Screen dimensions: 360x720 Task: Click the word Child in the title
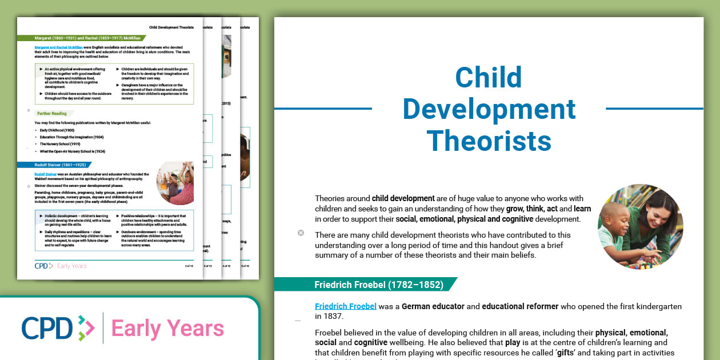click(x=489, y=78)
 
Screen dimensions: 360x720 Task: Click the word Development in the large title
click(x=489, y=109)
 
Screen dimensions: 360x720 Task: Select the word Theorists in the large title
click(x=489, y=140)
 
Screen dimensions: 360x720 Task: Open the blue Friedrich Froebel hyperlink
click(x=346, y=306)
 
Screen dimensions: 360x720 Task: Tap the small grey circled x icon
click(x=301, y=233)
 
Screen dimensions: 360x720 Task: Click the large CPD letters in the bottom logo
click(x=47, y=328)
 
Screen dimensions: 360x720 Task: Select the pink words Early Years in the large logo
click(x=167, y=329)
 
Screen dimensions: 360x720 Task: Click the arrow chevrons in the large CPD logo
click(x=85, y=328)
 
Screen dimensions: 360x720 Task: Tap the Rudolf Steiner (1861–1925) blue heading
click(x=61, y=165)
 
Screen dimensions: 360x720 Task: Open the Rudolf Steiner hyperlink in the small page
click(x=46, y=173)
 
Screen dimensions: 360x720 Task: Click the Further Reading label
click(x=51, y=113)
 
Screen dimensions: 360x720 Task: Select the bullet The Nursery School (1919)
click(x=60, y=144)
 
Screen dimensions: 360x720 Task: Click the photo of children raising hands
click(x=175, y=183)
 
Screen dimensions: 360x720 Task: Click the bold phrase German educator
click(x=433, y=306)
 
